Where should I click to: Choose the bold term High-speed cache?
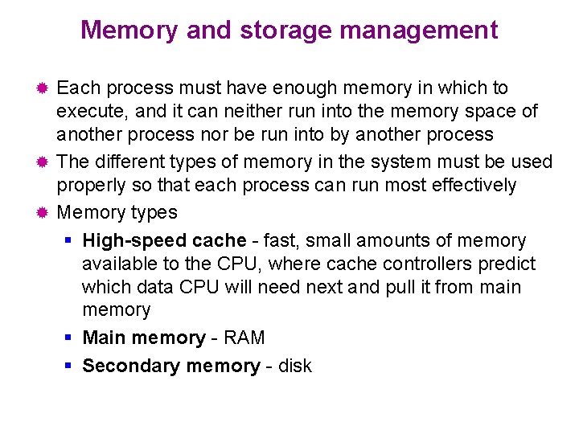(164, 240)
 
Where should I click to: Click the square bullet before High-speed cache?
(69, 240)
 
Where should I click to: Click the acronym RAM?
(244, 338)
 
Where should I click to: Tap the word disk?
(295, 366)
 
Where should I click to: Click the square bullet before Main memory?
(69, 338)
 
